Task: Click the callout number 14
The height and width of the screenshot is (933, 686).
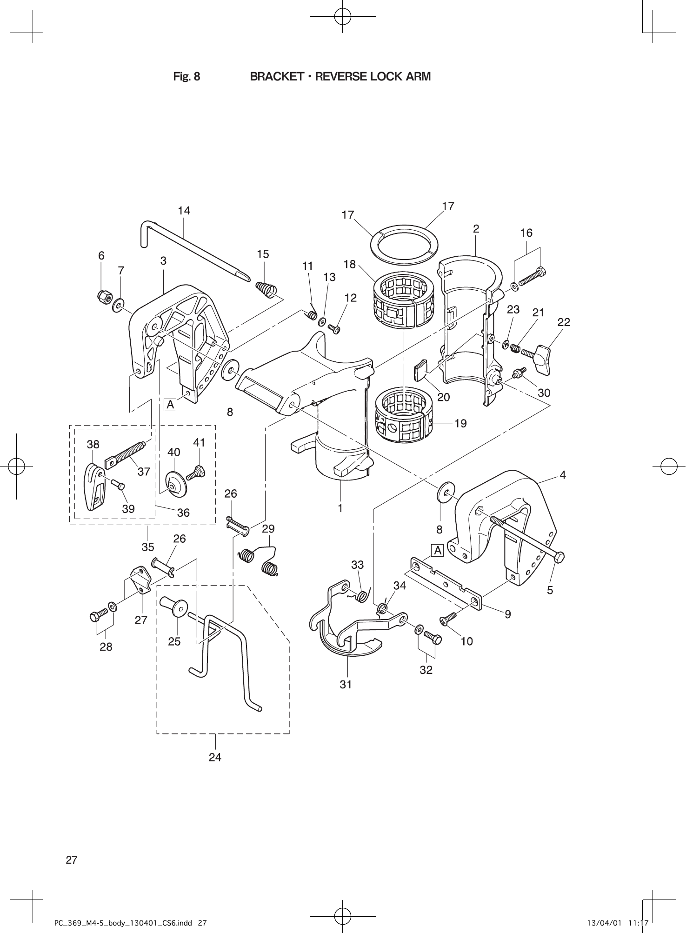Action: tap(184, 211)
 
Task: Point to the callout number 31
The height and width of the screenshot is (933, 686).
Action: tap(346, 684)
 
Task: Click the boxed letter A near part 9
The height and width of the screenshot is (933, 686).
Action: tap(438, 551)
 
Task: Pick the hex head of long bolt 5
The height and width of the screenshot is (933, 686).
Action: tap(559, 556)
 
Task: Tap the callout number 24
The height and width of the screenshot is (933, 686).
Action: tap(215, 757)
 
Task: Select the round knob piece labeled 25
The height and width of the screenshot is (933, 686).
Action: tap(173, 606)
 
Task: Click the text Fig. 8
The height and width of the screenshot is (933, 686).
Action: tap(186, 76)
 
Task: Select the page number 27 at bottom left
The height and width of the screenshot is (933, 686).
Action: tap(72, 860)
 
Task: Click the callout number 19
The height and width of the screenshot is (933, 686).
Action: tap(460, 423)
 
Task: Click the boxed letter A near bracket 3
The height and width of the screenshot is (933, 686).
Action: tap(171, 405)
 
